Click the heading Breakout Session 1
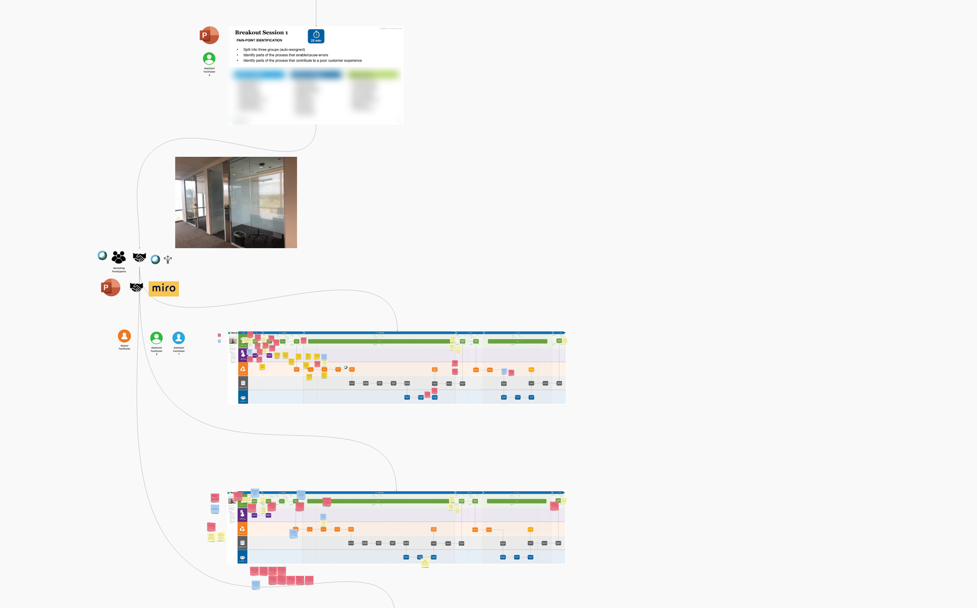[261, 33]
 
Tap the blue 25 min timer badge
[316, 36]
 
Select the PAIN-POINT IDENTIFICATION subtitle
[259, 41]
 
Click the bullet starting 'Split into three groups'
[274, 49]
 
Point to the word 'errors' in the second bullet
[323, 55]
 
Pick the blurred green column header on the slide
[374, 75]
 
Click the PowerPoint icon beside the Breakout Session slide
[209, 35]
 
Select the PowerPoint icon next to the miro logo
[110, 287]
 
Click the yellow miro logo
[164, 288]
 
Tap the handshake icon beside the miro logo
[136, 287]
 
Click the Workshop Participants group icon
[119, 257]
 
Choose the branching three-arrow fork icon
[168, 260]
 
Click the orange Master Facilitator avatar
[125, 336]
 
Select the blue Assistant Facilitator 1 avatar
[179, 338]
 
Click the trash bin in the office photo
[239, 236]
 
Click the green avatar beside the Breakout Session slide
[209, 59]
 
